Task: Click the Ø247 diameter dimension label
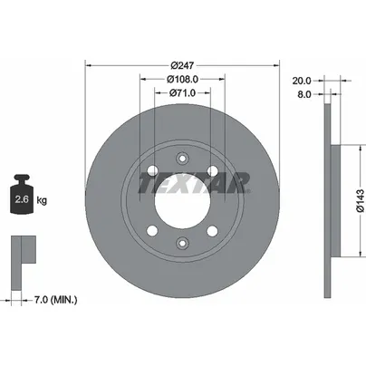coord(182,65)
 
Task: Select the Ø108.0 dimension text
coord(182,79)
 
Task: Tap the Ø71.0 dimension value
coord(182,92)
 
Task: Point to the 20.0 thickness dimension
coord(302,81)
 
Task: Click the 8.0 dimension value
coord(304,94)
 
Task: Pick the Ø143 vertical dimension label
coord(361,201)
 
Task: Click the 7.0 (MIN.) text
coord(55,300)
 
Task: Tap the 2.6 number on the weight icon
coord(22,199)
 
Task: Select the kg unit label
coord(42,200)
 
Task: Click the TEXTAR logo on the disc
coord(195,183)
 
